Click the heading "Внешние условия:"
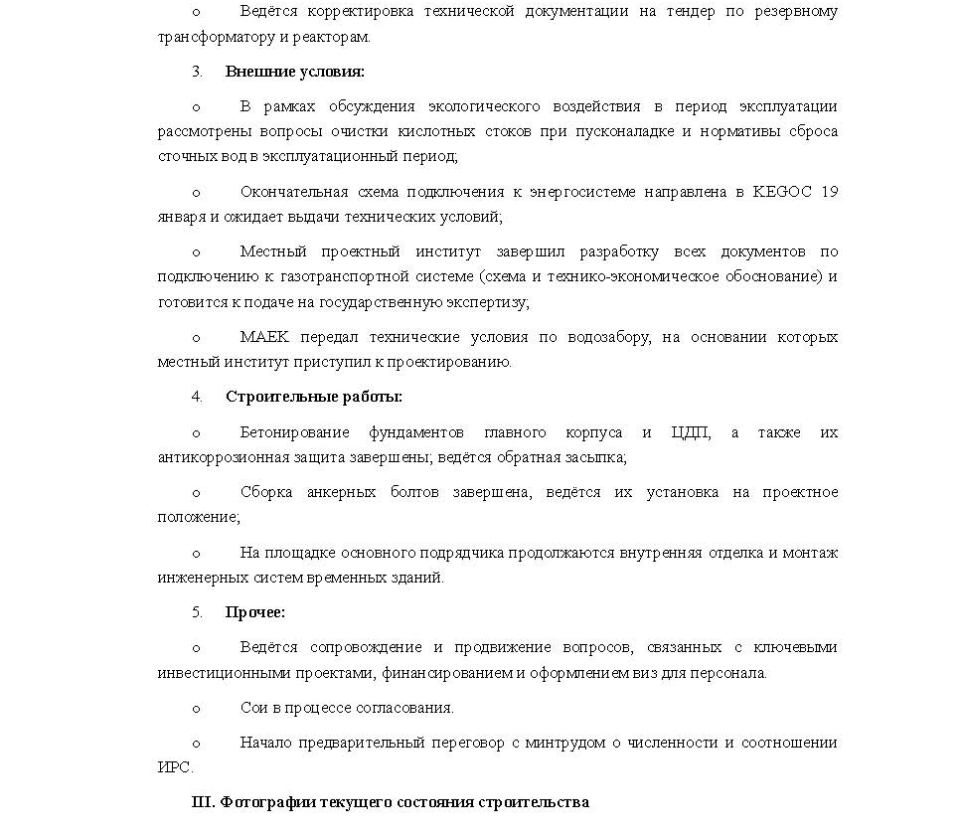pos(294,72)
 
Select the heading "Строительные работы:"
pos(313,397)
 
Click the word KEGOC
pos(787,192)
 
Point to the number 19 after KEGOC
pos(830,192)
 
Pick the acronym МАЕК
pos(262,337)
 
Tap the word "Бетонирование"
pos(294,432)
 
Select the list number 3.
pos(197,72)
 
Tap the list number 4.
pos(197,397)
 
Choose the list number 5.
pos(197,612)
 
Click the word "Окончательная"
pos(293,192)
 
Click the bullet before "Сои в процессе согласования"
pos(196,709)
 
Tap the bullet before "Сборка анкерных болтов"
pos(196,493)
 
